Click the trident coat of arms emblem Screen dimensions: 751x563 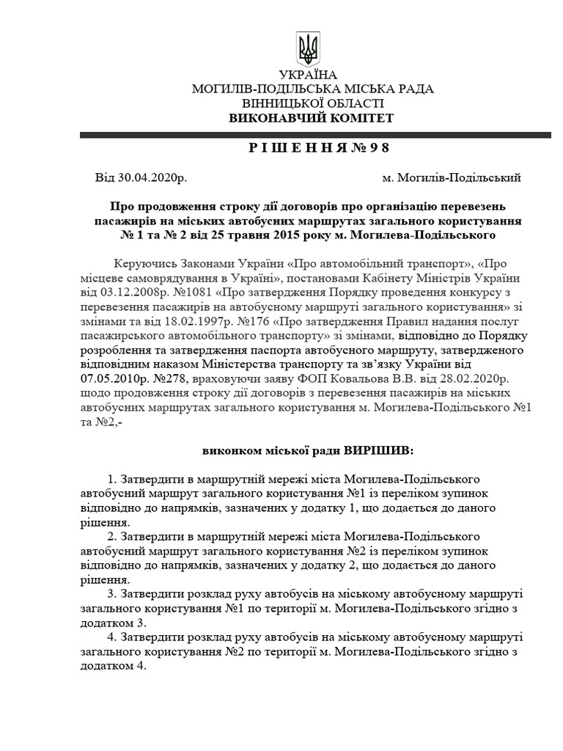point(309,49)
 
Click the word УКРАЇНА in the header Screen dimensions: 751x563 point(309,76)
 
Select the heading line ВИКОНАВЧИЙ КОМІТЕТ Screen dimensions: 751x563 point(311,118)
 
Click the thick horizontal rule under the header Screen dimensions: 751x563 point(315,135)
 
